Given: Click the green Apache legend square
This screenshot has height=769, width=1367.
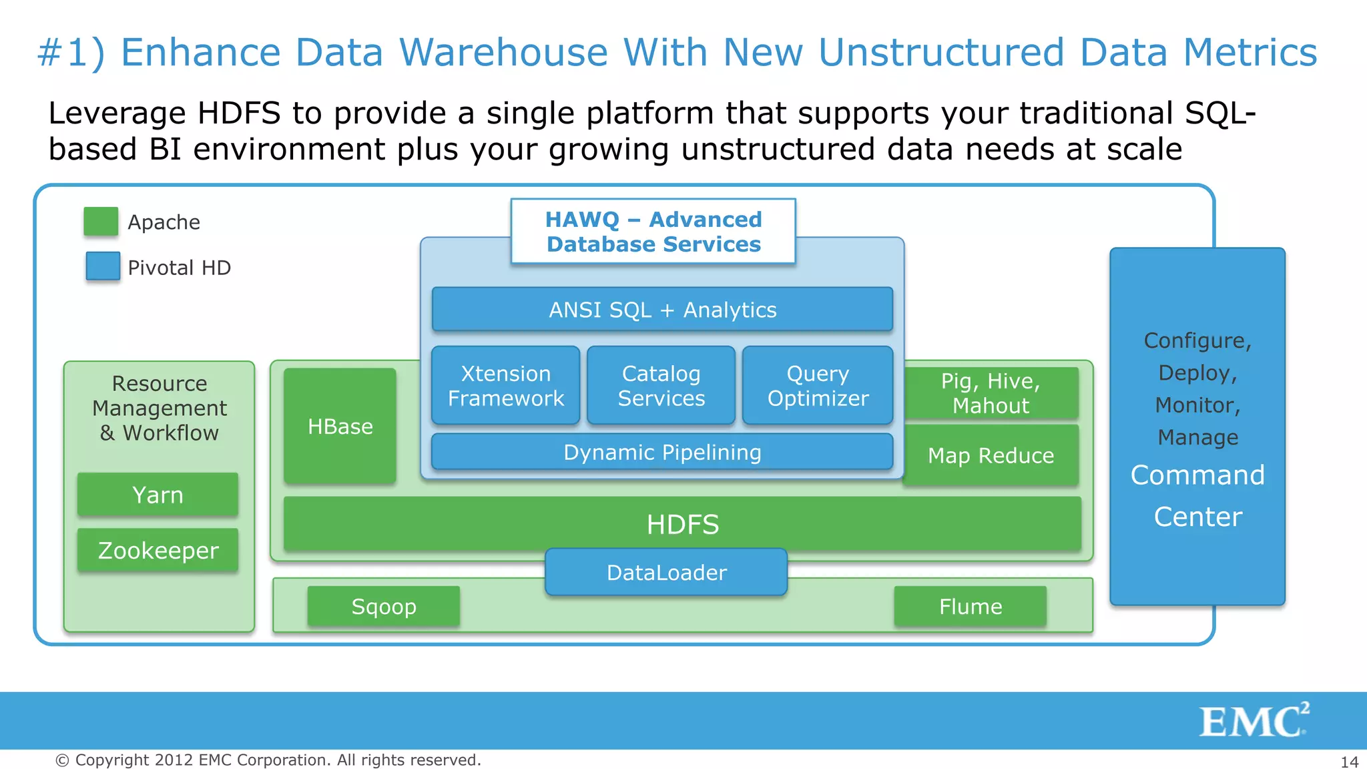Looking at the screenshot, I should point(101,222).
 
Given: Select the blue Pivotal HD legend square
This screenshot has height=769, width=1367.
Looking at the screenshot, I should point(103,266).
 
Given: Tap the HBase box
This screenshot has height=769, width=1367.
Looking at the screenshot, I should point(340,426).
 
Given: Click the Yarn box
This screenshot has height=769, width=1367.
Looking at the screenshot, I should point(158,495).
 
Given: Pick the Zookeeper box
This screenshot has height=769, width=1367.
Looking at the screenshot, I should point(158,551).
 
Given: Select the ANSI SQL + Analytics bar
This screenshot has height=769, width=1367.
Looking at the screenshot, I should point(662,310).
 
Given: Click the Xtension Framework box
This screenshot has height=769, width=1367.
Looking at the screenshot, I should point(505,386).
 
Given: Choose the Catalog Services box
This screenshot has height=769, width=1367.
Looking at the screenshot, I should point(661,386).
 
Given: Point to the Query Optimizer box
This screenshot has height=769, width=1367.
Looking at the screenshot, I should point(818,386).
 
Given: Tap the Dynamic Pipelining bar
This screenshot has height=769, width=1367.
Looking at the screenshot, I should point(662,453).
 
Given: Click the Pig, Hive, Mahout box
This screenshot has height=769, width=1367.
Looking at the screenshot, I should point(991,393).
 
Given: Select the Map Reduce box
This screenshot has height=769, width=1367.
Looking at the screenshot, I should point(991,455).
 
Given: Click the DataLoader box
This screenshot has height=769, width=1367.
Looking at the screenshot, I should point(666,573).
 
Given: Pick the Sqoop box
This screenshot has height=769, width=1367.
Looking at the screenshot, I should point(384,607).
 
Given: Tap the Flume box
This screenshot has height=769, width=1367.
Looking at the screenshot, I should point(971,607).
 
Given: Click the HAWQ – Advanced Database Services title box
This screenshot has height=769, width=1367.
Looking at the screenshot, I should point(653,232).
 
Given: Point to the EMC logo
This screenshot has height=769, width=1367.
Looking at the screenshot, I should point(1254,720).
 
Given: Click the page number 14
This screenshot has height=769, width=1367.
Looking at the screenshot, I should point(1349,762).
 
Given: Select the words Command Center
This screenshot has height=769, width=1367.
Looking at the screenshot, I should point(1197,496).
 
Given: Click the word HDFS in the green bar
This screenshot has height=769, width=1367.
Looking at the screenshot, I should point(682,525).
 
